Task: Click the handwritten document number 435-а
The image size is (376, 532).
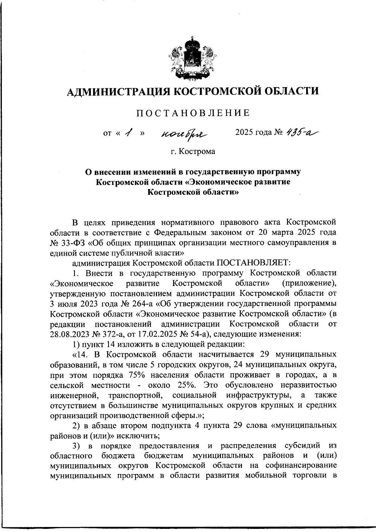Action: (x=302, y=133)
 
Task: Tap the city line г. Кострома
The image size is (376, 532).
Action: (x=193, y=152)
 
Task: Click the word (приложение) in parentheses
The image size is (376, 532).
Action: (x=309, y=283)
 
